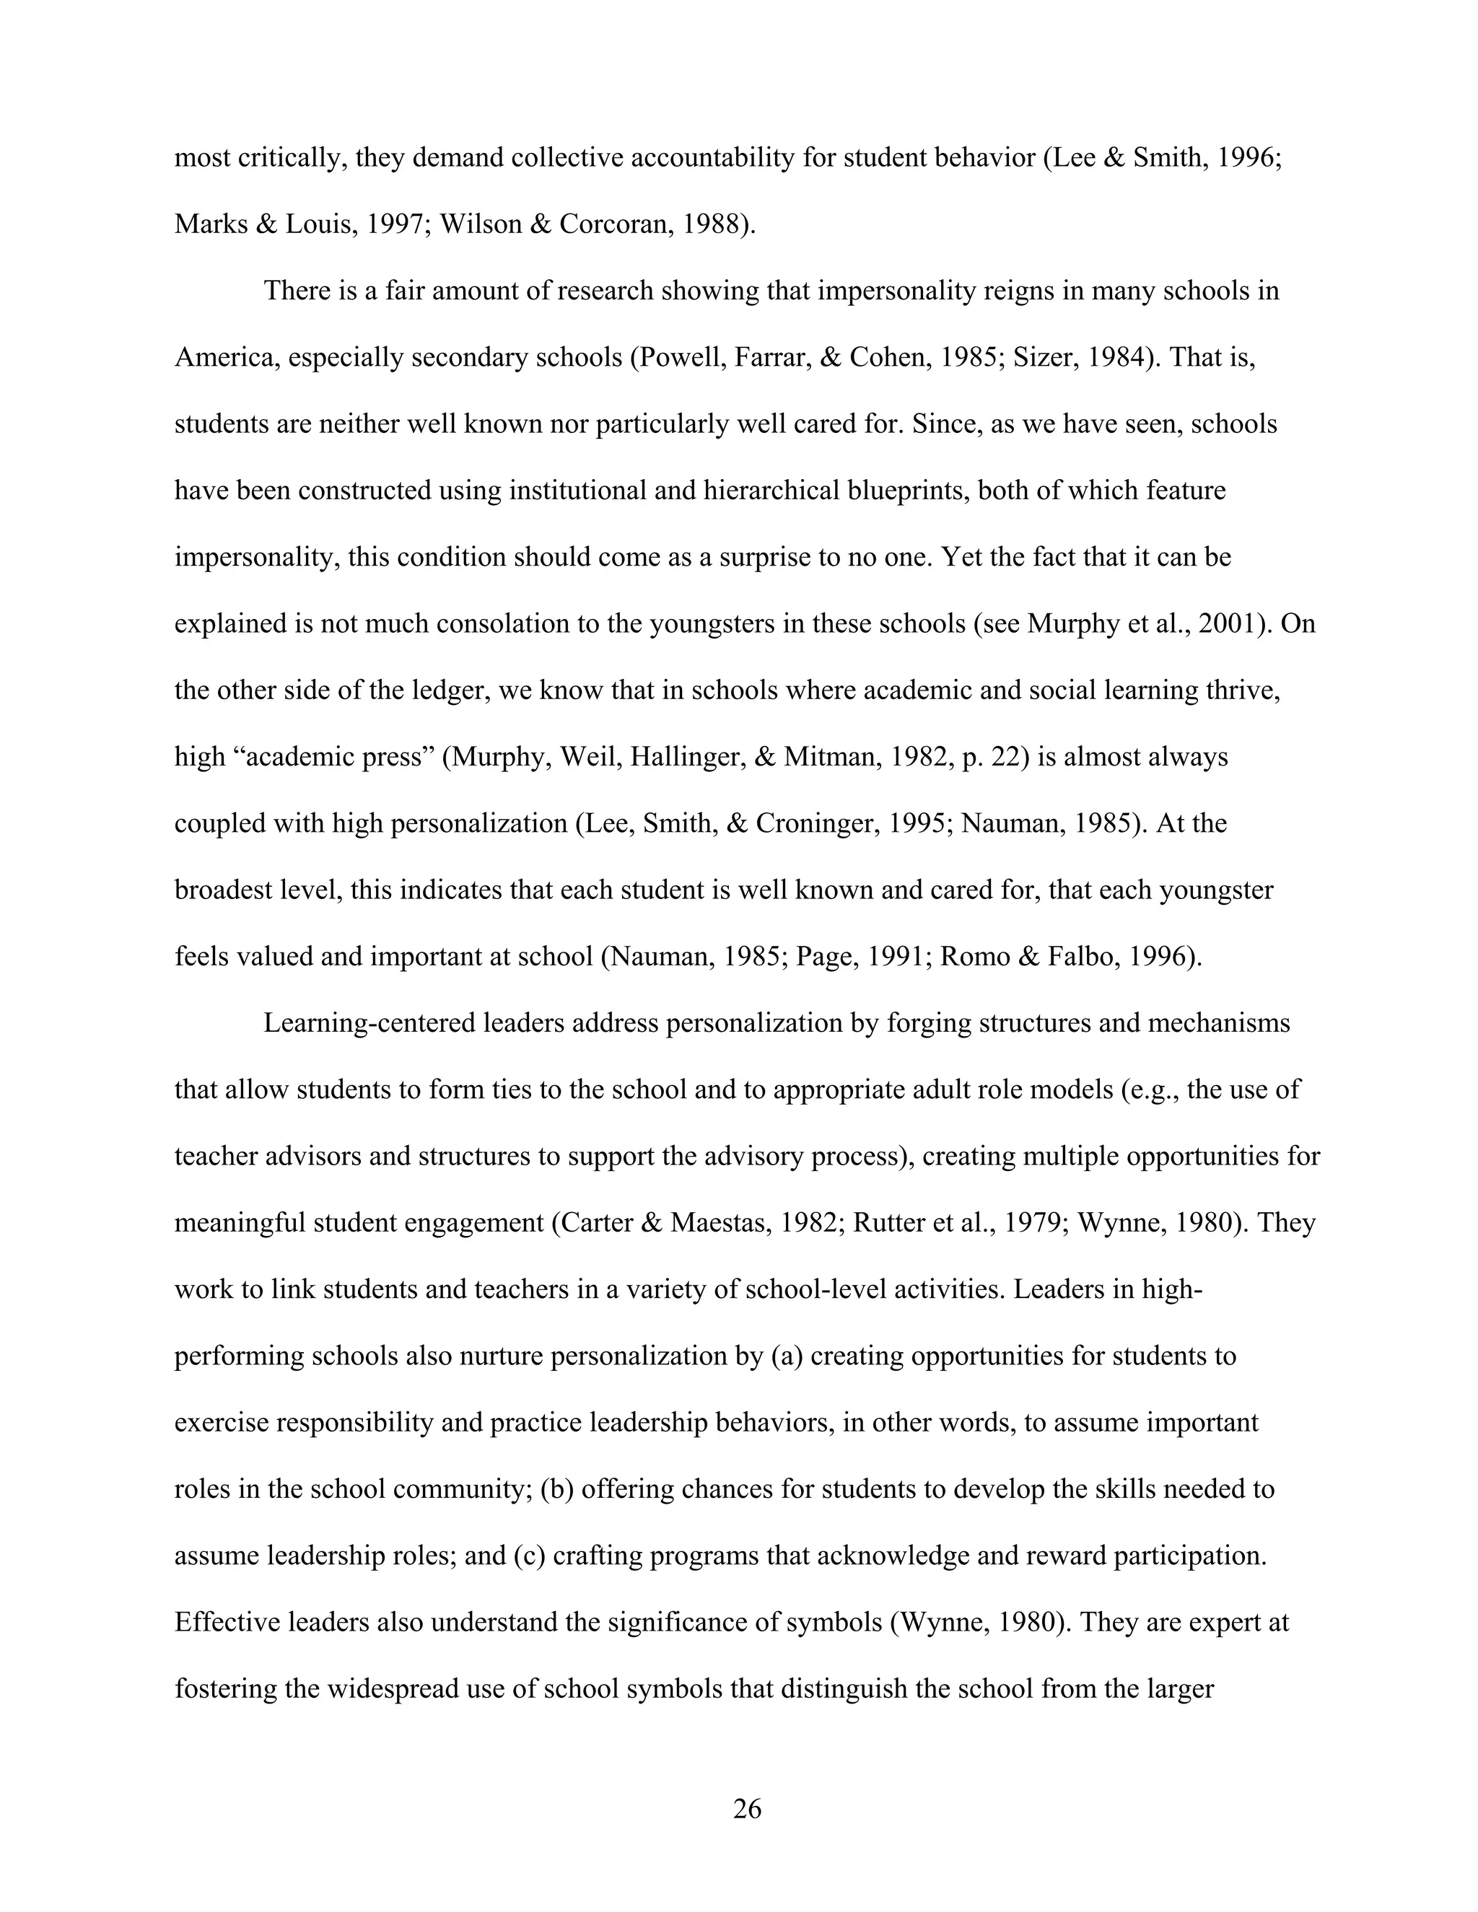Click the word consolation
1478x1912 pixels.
(504, 623)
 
